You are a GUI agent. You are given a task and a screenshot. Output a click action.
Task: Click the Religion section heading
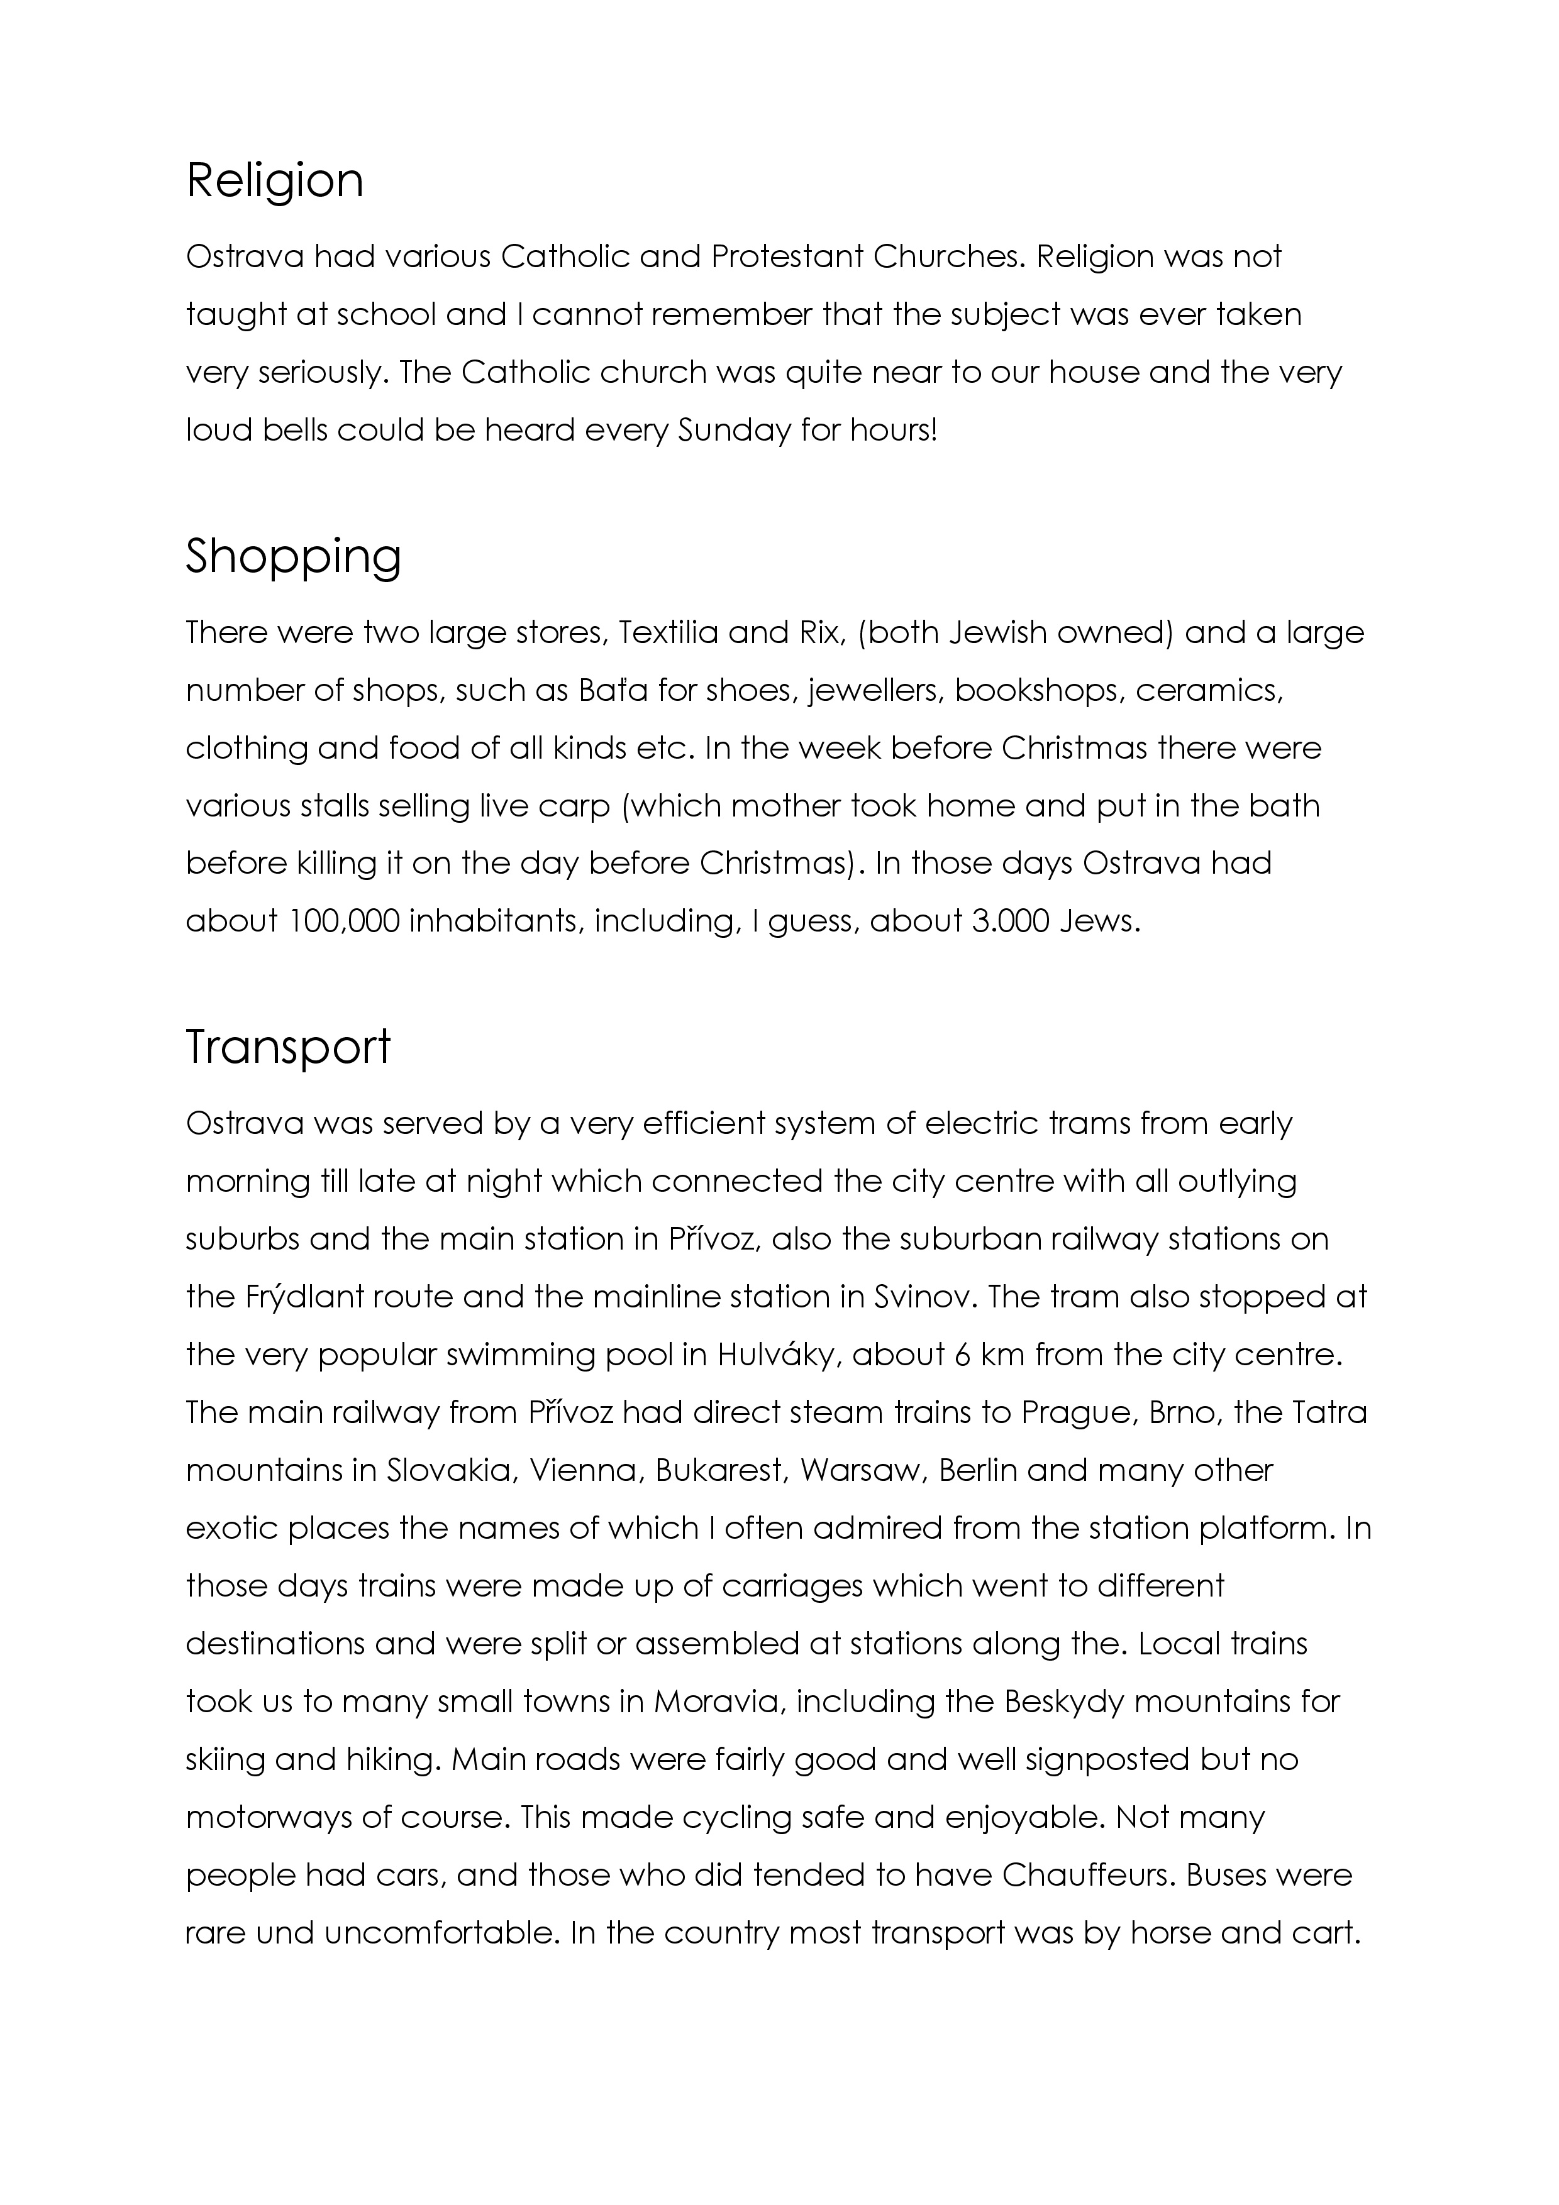click(275, 182)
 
